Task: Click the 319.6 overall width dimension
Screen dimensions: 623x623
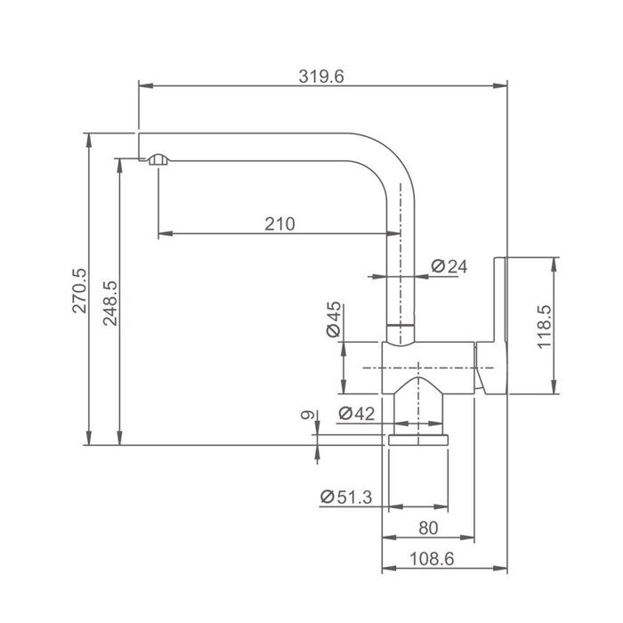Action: coord(321,77)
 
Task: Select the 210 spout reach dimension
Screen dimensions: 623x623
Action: coord(279,224)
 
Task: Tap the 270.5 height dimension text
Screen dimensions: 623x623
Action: coord(79,291)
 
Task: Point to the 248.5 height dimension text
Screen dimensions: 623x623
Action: coord(110,303)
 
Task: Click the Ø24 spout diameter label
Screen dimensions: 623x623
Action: coord(449,266)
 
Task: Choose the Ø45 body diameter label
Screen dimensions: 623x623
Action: coord(334,319)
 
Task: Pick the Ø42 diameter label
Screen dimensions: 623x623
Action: coord(356,414)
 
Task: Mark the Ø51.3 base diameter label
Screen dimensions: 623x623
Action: coord(345,497)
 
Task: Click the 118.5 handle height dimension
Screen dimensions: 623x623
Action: coord(545,327)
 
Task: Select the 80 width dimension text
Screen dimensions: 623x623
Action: coord(428,528)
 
